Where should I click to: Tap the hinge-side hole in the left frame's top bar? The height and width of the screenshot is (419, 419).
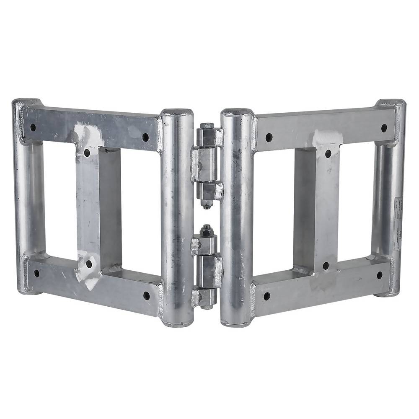pyautogui.click(x=145, y=137)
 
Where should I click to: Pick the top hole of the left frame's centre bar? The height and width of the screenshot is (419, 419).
pyautogui.click(x=87, y=153)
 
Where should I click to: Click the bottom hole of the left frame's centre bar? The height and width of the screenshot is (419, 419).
pyautogui.click(x=89, y=264)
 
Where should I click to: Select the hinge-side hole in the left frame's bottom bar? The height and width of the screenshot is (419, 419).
pyautogui.click(x=146, y=296)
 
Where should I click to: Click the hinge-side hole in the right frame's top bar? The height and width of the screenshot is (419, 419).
pyautogui.click(x=269, y=137)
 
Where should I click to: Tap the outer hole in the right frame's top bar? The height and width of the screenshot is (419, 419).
pyautogui.click(x=384, y=127)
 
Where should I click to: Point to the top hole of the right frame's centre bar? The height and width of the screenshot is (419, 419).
pyautogui.click(x=328, y=153)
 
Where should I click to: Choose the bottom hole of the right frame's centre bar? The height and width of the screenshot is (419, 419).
pyautogui.click(x=325, y=266)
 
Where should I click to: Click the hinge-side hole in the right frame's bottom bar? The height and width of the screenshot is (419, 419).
pyautogui.click(x=266, y=296)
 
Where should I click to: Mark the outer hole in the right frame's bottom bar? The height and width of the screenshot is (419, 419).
pyautogui.click(x=380, y=275)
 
